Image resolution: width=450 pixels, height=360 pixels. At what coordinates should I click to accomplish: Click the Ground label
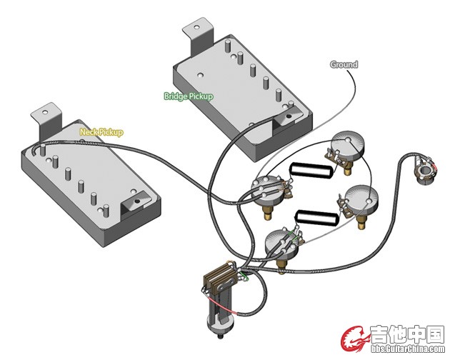344,64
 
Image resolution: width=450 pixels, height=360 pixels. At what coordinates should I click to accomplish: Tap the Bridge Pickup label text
189,96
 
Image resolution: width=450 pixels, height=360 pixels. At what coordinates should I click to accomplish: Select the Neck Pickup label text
101,132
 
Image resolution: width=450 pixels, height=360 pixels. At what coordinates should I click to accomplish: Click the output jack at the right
426,170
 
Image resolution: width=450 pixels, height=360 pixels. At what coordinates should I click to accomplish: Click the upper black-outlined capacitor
311,170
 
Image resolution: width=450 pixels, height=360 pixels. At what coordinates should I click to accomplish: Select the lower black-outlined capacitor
316,218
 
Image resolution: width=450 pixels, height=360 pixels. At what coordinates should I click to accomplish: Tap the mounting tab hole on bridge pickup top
196,28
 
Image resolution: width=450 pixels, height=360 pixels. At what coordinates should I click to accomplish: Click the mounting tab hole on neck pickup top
45,112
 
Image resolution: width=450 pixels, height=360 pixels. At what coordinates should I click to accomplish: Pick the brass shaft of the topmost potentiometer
348,169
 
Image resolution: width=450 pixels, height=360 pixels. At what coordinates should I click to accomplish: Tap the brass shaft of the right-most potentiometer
361,222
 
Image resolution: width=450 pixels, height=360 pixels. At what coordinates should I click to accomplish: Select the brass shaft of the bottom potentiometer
281,264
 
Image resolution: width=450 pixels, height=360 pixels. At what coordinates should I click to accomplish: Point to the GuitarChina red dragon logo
354,339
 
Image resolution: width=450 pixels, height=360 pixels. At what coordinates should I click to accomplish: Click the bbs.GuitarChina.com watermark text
408,349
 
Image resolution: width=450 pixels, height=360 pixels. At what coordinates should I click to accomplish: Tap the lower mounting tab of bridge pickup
288,116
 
